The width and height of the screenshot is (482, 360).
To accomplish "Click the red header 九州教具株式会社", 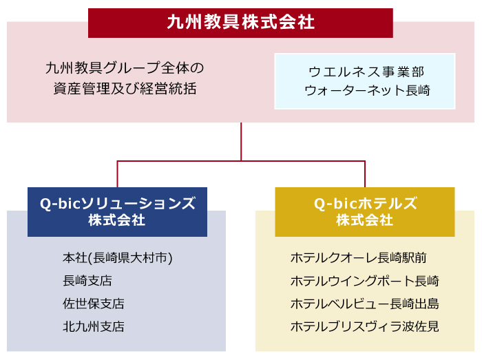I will click(240, 23).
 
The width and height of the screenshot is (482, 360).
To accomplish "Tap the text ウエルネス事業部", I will click(365, 71).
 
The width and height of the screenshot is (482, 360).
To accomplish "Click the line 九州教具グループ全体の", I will click(125, 68).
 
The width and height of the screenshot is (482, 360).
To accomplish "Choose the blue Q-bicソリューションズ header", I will click(117, 204).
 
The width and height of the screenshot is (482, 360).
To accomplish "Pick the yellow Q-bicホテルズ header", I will click(365, 204).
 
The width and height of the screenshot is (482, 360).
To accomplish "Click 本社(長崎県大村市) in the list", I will click(117, 258).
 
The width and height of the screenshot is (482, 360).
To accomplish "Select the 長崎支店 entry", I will click(87, 281).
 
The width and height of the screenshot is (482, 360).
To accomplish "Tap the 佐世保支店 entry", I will click(94, 304).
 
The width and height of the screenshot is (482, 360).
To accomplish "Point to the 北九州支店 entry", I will click(94, 326).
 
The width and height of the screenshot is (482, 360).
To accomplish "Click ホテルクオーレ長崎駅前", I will click(358, 258).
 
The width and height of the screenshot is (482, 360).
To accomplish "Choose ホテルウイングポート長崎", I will click(364, 281).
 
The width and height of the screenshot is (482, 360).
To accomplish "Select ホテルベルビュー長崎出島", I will click(364, 304).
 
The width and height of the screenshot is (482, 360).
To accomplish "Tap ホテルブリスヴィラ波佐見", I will click(364, 326).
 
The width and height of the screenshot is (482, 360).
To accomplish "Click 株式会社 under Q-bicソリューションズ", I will click(117, 221).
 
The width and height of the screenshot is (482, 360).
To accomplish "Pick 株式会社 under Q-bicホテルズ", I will click(365, 221).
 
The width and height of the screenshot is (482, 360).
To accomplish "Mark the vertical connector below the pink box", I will click(241, 141).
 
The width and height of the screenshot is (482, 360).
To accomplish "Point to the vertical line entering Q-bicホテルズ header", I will click(365, 174).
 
